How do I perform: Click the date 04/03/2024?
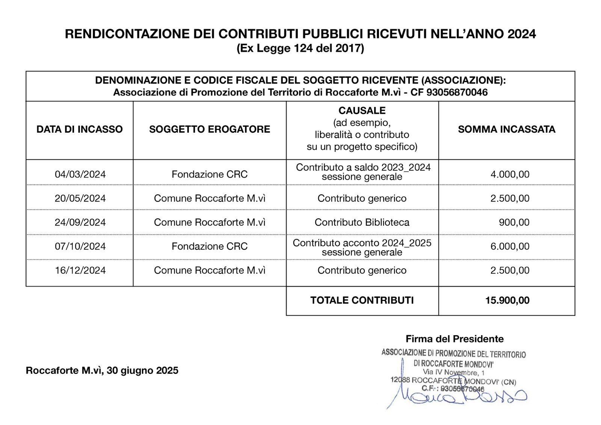pos(80,174)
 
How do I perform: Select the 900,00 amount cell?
pos(514,222)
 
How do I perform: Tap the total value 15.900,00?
pos(507,300)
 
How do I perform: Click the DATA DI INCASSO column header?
pos(80,129)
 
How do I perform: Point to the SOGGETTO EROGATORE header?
pos(210,129)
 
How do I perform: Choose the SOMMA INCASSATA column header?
pos(506,129)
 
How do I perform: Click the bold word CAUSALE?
pos(362,110)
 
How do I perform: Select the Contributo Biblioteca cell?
pos(362,222)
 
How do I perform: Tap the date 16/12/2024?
pos(80,271)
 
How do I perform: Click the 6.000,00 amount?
pos(510,247)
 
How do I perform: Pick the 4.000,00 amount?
pos(510,174)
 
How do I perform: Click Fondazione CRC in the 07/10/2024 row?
pos(210,247)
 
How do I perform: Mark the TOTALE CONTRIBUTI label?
pos(362,300)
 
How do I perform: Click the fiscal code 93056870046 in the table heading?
pos(457,92)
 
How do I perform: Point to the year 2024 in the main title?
pos(521,34)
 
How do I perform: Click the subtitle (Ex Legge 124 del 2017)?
pos(300,48)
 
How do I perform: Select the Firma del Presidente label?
pos(455,339)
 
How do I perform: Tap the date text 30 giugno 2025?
pos(142,371)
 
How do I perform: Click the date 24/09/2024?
pos(80,222)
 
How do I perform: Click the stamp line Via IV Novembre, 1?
pos(453,372)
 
